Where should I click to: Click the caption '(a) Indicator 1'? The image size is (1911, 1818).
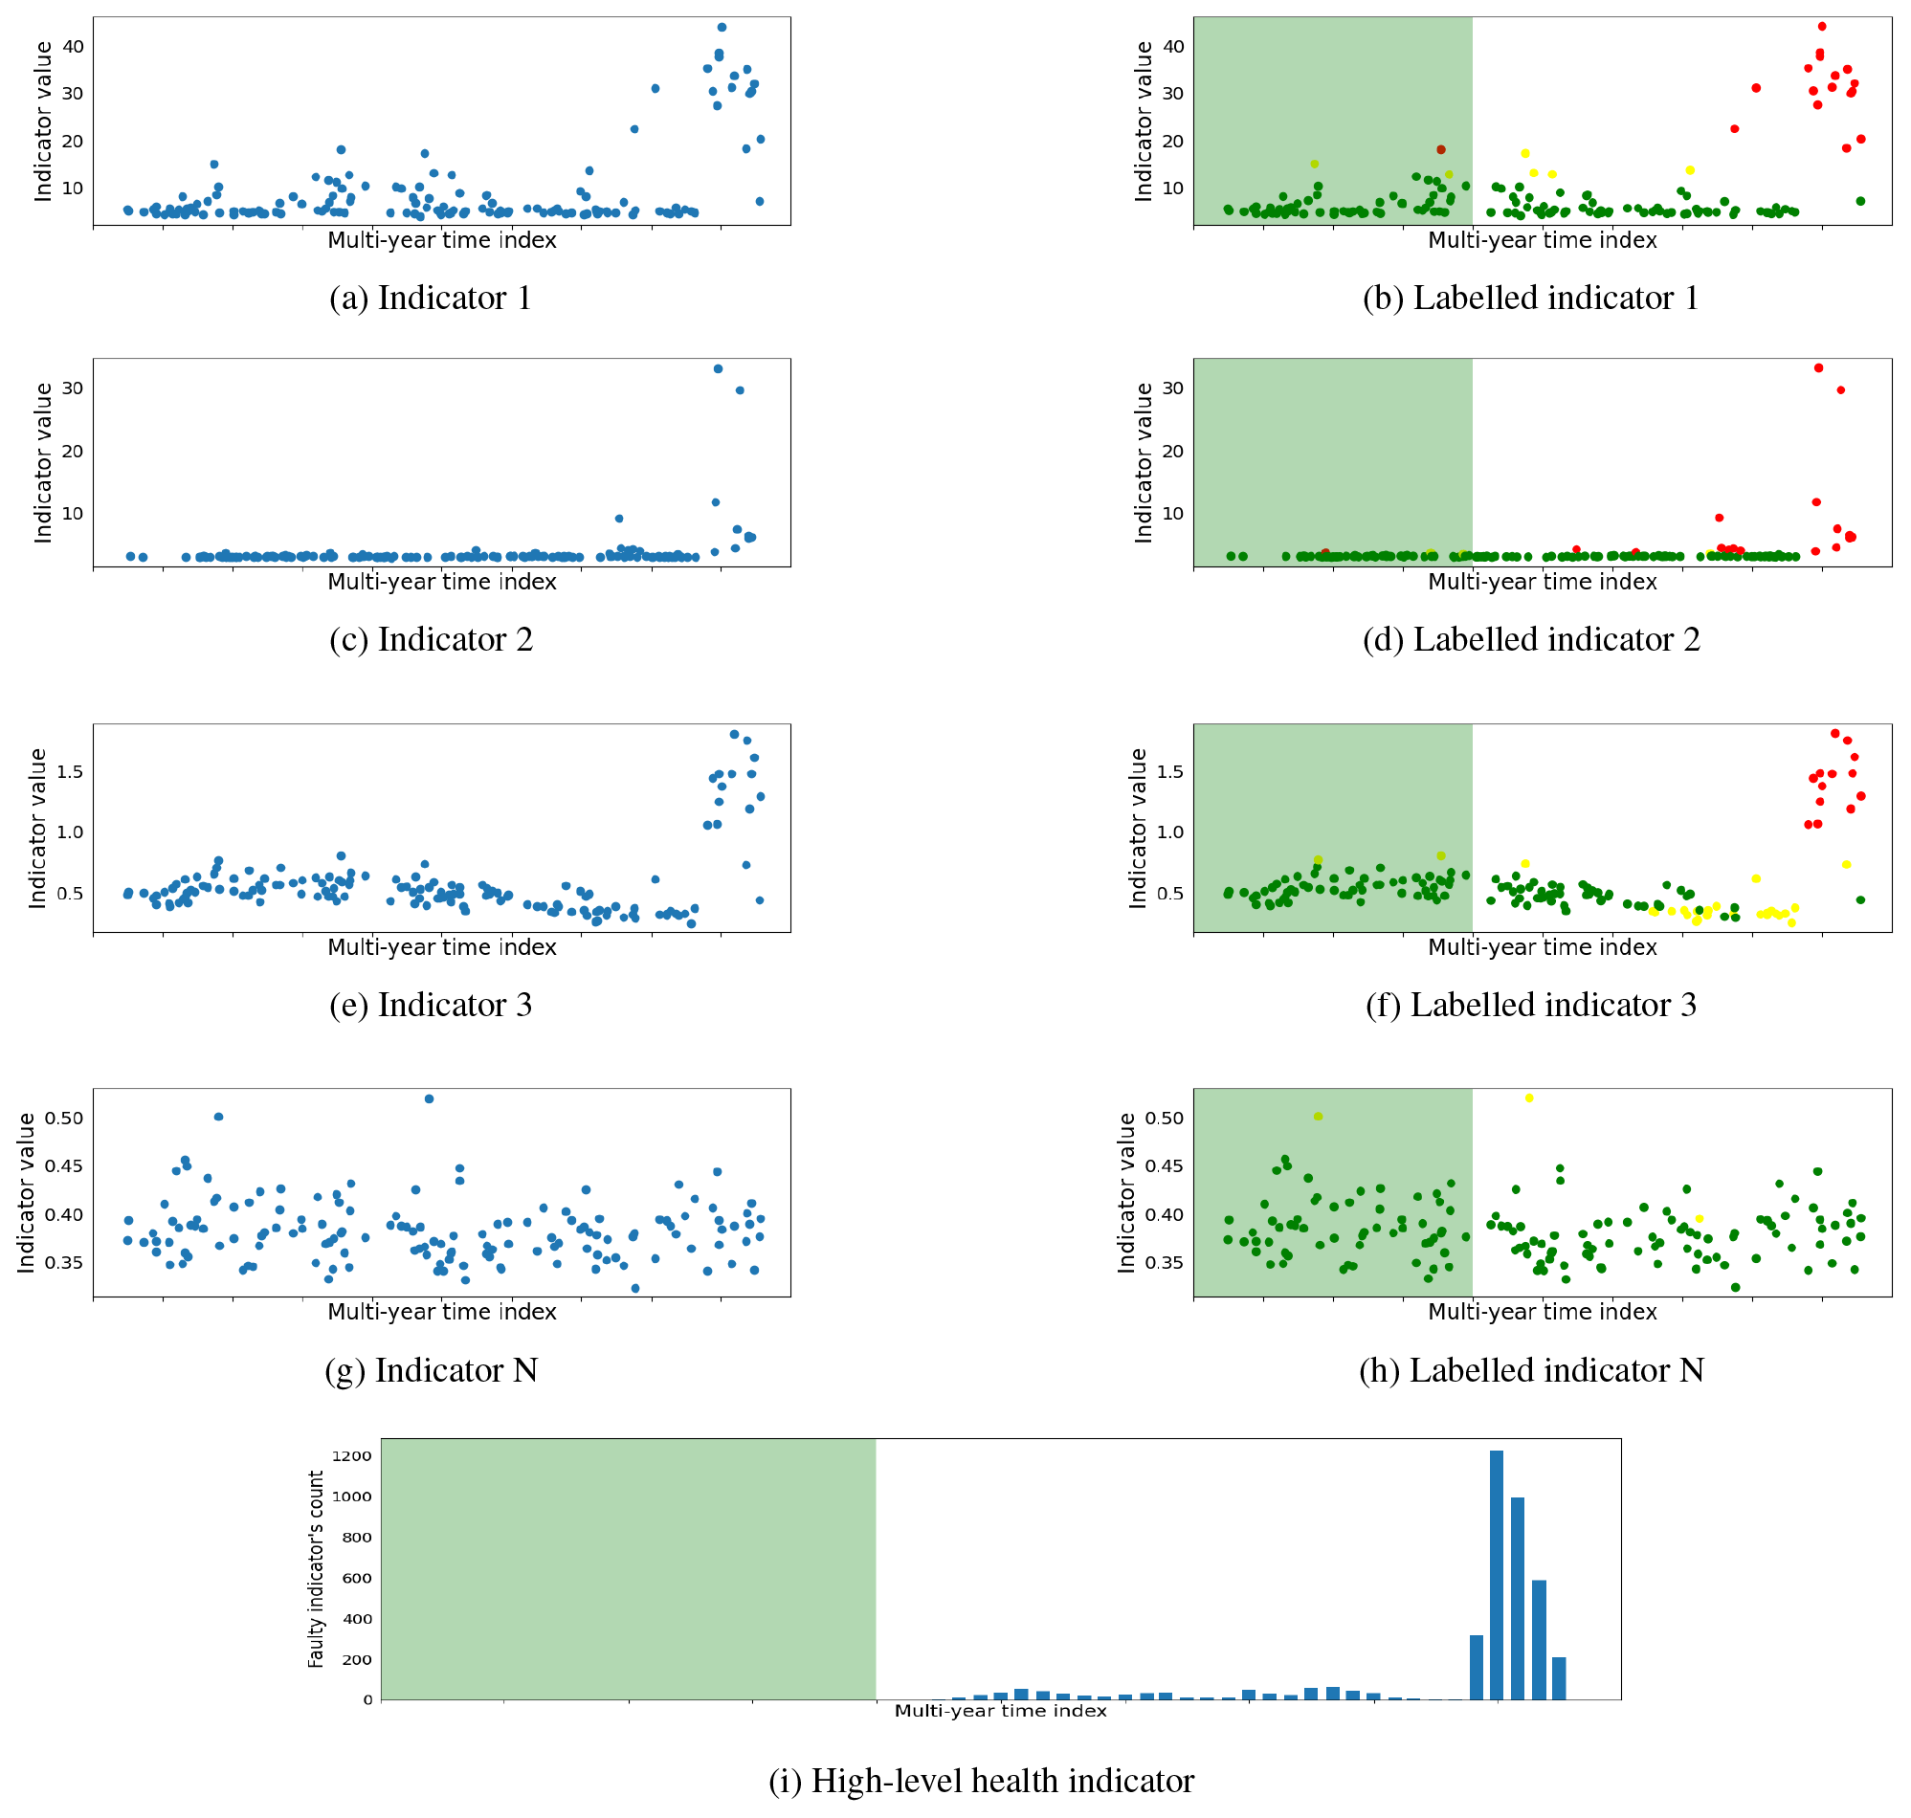click(431, 299)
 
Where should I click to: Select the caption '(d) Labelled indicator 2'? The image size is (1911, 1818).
click(1531, 639)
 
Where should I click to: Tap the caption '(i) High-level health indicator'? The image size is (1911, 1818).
click(981, 1782)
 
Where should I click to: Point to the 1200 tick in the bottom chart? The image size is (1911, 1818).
click(352, 1456)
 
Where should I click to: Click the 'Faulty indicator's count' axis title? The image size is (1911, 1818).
click(316, 1569)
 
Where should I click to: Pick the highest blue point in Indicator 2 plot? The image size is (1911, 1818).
click(718, 369)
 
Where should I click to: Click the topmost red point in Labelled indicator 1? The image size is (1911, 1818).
click(1822, 27)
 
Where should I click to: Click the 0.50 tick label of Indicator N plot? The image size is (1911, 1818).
click(65, 1119)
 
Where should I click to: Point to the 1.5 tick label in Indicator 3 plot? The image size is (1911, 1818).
click(70, 772)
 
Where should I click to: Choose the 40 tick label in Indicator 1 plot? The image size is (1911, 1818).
click(74, 47)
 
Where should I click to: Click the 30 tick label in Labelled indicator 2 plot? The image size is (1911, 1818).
click(1173, 388)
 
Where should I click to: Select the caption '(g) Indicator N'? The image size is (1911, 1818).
click(432, 1371)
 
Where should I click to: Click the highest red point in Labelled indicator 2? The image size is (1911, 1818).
click(1819, 368)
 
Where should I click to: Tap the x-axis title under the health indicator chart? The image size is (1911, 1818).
click(1000, 1712)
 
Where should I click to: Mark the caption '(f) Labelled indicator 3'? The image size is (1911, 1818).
click(1531, 1006)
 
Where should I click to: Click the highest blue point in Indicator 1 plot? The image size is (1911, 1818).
click(722, 27)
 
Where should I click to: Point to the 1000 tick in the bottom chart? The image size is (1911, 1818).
click(352, 1497)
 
